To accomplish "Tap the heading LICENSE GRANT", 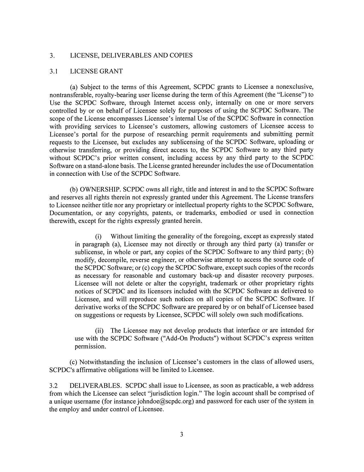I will (x=96, y=71).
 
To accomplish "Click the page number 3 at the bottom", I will (x=181, y=435).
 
